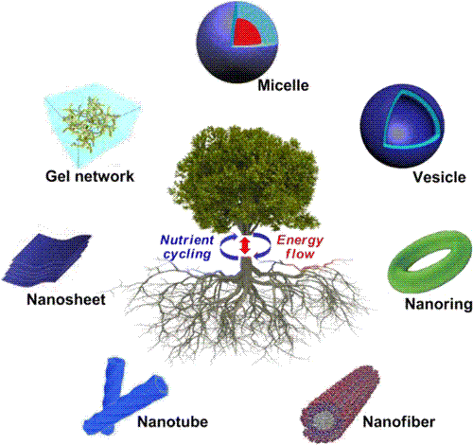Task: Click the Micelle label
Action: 283,85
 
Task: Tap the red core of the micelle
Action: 246,32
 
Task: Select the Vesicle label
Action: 439,177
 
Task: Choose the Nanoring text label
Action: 439,304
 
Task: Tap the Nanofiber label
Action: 399,421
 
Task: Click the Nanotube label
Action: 173,421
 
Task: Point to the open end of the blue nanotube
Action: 160,385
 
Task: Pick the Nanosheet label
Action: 66,299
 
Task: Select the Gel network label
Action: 90,176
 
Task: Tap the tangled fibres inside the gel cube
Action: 90,123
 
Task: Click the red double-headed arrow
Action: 245,246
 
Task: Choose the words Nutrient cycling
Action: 186,247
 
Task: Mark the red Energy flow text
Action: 300,247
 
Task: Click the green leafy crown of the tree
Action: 244,178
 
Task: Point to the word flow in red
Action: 300,254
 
